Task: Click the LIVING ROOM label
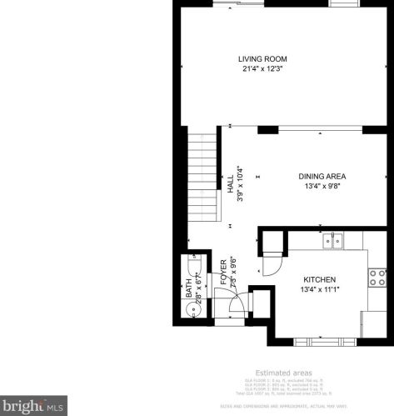[x=262, y=58]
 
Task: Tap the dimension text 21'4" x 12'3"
[x=262, y=68]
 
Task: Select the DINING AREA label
[x=322, y=177]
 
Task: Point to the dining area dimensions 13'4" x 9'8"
[x=322, y=187]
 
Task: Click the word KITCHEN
[x=319, y=279]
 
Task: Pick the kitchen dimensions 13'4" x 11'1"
[x=319, y=289]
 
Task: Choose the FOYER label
[x=223, y=273]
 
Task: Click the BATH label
[x=188, y=288]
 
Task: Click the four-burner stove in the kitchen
[x=377, y=276]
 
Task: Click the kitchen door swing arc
[x=272, y=265]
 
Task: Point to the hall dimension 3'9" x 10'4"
[x=240, y=183]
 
